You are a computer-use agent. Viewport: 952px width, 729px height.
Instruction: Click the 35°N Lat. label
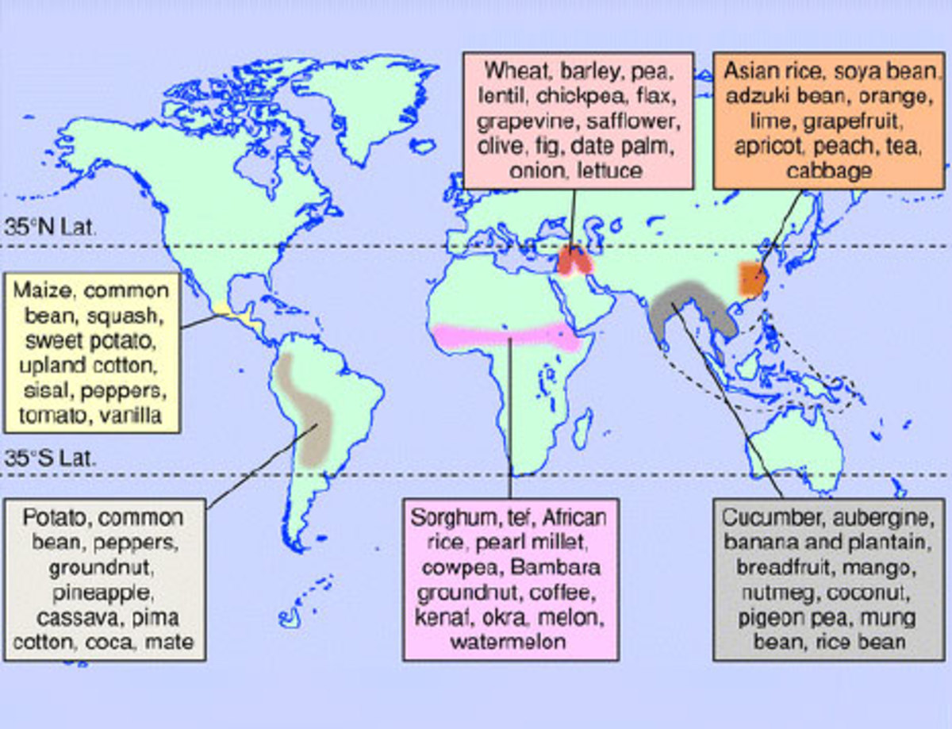[50, 229]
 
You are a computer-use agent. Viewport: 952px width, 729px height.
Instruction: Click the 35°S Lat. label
[50, 458]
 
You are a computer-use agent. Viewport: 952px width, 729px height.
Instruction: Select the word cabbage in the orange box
[829, 171]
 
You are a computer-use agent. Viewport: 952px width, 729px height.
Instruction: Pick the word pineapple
[106, 593]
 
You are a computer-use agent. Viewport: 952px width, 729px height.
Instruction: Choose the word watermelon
[509, 641]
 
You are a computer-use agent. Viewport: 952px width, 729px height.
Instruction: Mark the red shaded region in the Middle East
[574, 261]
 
